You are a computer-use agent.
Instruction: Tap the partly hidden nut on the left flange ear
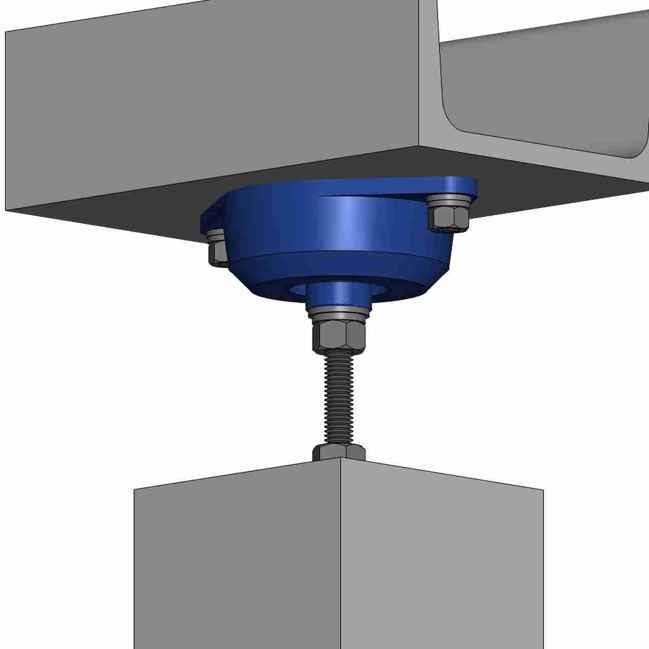click(217, 252)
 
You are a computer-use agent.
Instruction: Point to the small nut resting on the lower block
click(338, 451)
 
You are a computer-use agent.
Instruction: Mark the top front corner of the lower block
click(340, 459)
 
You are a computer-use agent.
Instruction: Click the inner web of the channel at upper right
click(548, 91)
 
